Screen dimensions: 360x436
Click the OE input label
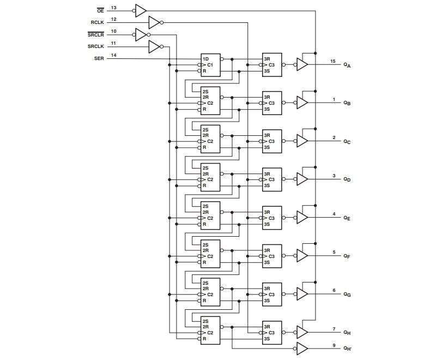click(x=100, y=10)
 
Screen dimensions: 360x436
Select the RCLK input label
click(x=97, y=22)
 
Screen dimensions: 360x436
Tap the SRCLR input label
click(x=95, y=34)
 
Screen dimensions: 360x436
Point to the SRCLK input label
click(x=95, y=46)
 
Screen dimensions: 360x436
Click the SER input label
click(x=99, y=58)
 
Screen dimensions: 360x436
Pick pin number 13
click(x=113, y=8)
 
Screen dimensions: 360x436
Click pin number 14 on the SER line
click(x=113, y=55)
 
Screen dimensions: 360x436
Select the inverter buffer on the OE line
click(x=141, y=10)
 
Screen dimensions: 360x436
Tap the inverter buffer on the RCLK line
click(x=154, y=22)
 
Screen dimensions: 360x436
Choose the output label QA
click(x=347, y=65)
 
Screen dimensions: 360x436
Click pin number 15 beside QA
click(x=333, y=61)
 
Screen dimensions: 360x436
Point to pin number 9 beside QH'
click(x=334, y=345)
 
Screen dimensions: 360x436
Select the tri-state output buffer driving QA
click(x=302, y=64)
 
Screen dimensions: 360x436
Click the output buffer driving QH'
click(x=302, y=348)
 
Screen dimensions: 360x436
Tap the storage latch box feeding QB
click(x=271, y=103)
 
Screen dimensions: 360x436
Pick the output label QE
click(x=347, y=218)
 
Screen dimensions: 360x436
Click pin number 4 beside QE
click(x=334, y=214)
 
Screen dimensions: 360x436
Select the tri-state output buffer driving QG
click(x=302, y=294)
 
